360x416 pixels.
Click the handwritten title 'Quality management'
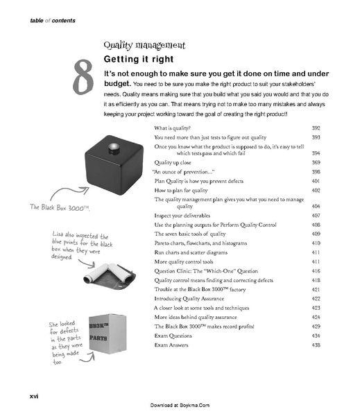144,46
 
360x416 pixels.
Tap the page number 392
316,129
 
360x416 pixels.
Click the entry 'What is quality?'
175,129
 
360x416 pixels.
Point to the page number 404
316,207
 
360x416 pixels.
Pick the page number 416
316,271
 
